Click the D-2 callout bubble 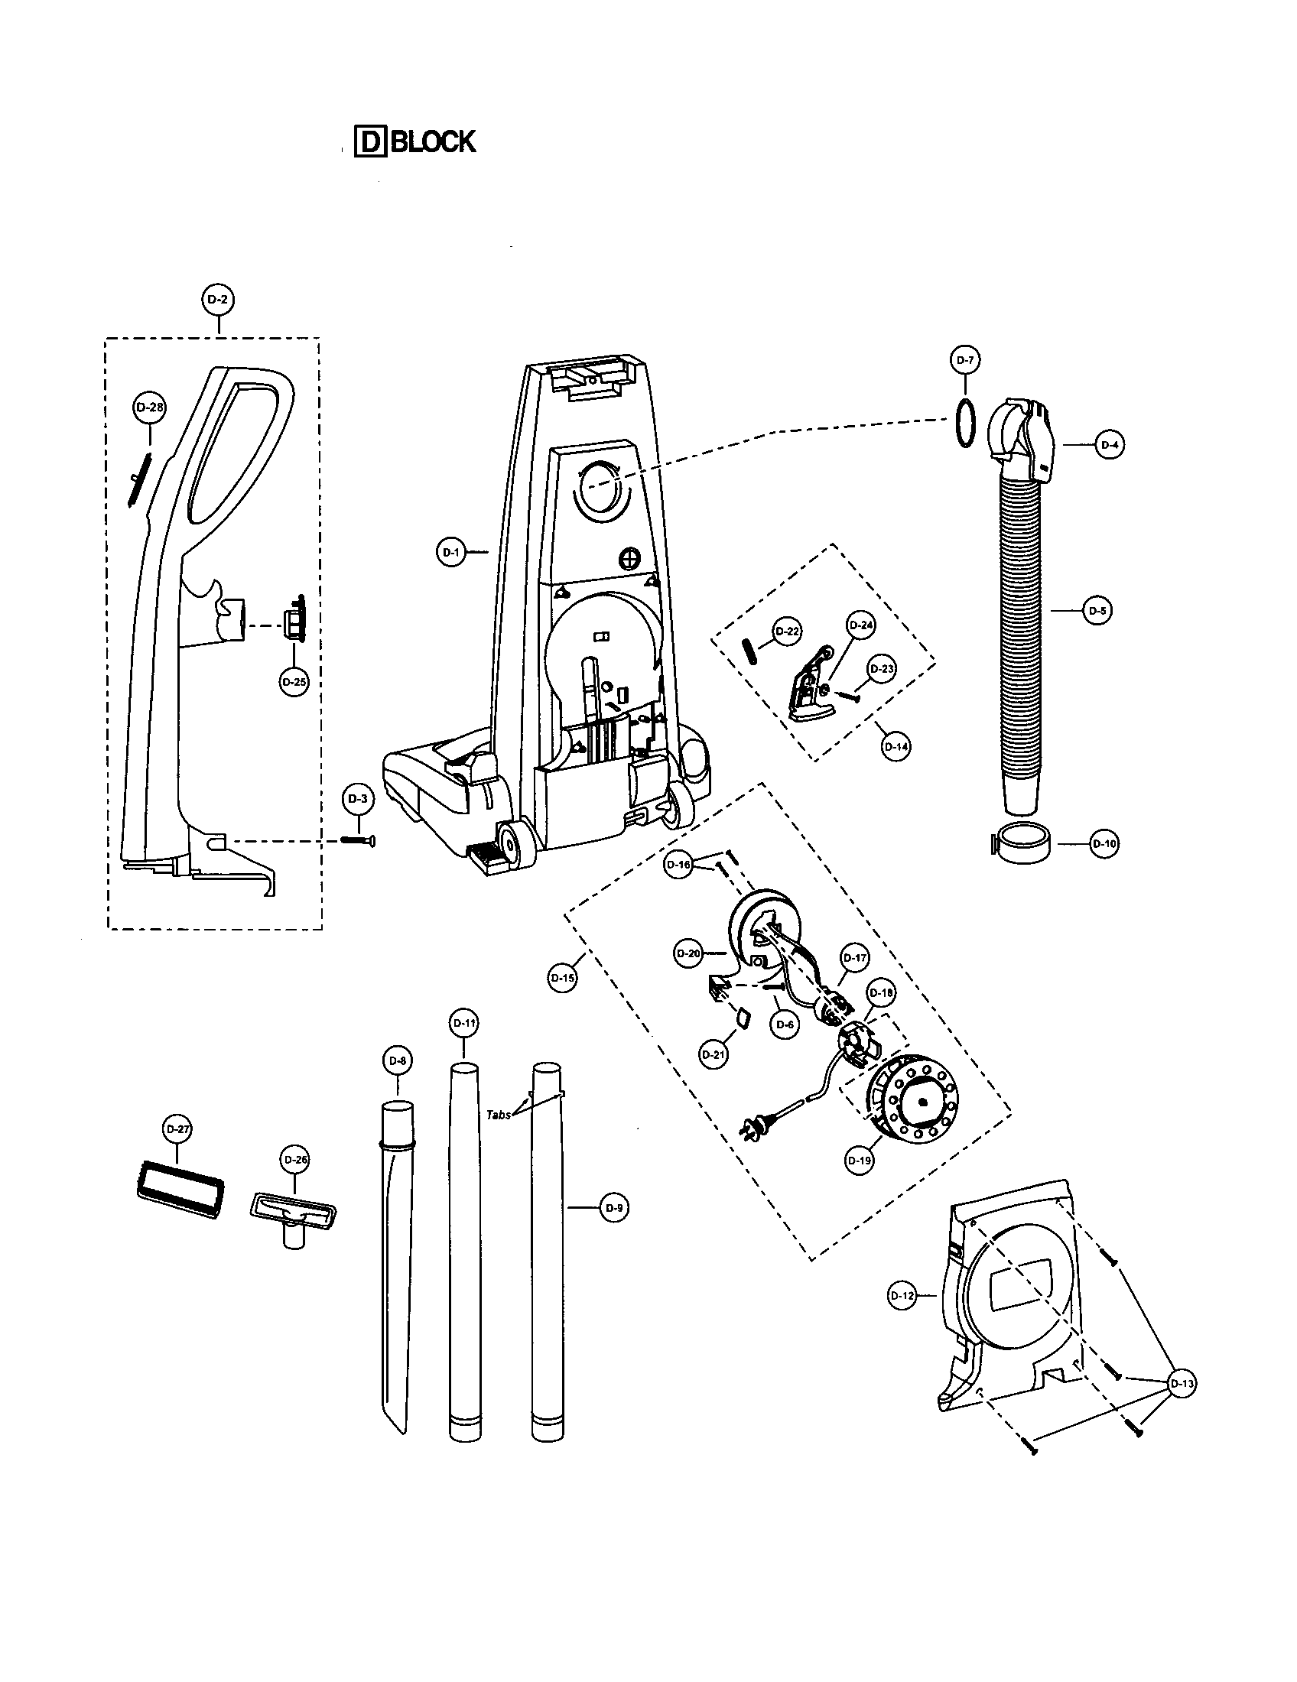pyautogui.click(x=219, y=300)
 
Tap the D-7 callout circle pyautogui.click(x=965, y=360)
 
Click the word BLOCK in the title pyautogui.click(x=433, y=141)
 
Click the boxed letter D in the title pyautogui.click(x=370, y=141)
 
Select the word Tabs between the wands pyautogui.click(x=499, y=1115)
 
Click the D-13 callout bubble pyautogui.click(x=1182, y=1384)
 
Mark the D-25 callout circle pyautogui.click(x=294, y=681)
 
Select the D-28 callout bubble pyautogui.click(x=149, y=408)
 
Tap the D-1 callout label pyautogui.click(x=451, y=551)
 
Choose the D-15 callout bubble pyautogui.click(x=563, y=978)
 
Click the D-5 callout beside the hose pyautogui.click(x=1097, y=611)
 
